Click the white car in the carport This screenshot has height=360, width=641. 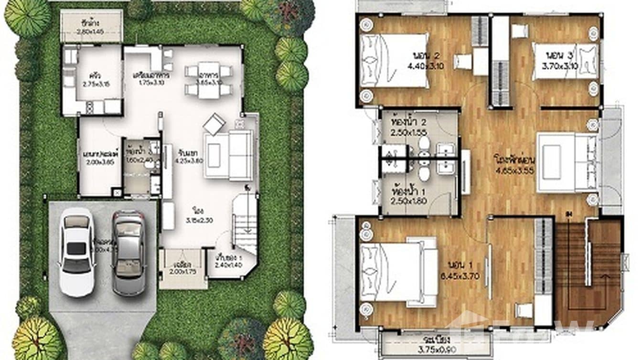76,252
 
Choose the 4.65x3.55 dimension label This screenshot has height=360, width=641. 514,170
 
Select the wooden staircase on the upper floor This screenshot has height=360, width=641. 588,272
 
